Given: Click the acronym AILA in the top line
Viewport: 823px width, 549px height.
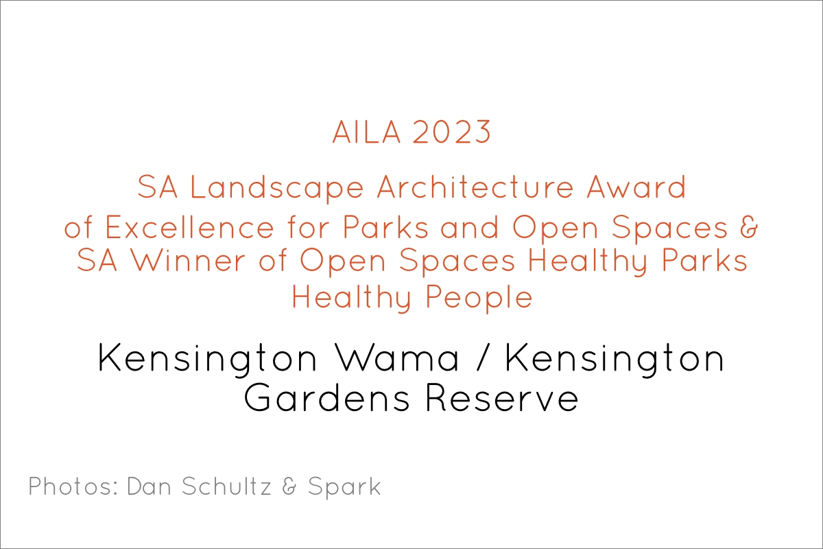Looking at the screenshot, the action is (x=366, y=132).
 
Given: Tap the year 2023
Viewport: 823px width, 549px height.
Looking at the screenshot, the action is (x=451, y=132).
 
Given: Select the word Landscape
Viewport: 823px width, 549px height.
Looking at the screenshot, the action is (x=276, y=187).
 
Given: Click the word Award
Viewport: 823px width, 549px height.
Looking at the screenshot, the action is (x=636, y=187).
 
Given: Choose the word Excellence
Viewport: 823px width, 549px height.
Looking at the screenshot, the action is (x=189, y=227).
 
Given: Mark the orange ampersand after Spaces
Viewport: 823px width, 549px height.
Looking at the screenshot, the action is (x=749, y=227).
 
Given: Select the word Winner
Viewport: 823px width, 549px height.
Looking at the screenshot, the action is (x=188, y=260).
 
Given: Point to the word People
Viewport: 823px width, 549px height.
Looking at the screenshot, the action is (x=479, y=297).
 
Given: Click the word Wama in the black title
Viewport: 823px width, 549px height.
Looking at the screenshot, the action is (x=398, y=358).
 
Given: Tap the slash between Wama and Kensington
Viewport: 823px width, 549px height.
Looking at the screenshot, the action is (x=482, y=358).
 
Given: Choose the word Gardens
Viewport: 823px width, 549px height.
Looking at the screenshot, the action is (x=326, y=398).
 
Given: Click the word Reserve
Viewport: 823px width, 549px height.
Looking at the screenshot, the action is (x=502, y=399).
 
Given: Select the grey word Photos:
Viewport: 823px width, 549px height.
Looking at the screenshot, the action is (x=73, y=487).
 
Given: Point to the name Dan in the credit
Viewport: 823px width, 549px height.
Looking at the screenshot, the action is (x=149, y=487).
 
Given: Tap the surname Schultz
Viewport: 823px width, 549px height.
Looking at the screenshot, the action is (x=226, y=487).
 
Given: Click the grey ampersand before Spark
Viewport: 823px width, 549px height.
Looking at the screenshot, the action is (x=289, y=487).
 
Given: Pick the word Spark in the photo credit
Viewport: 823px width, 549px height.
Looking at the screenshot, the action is (x=344, y=487).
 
